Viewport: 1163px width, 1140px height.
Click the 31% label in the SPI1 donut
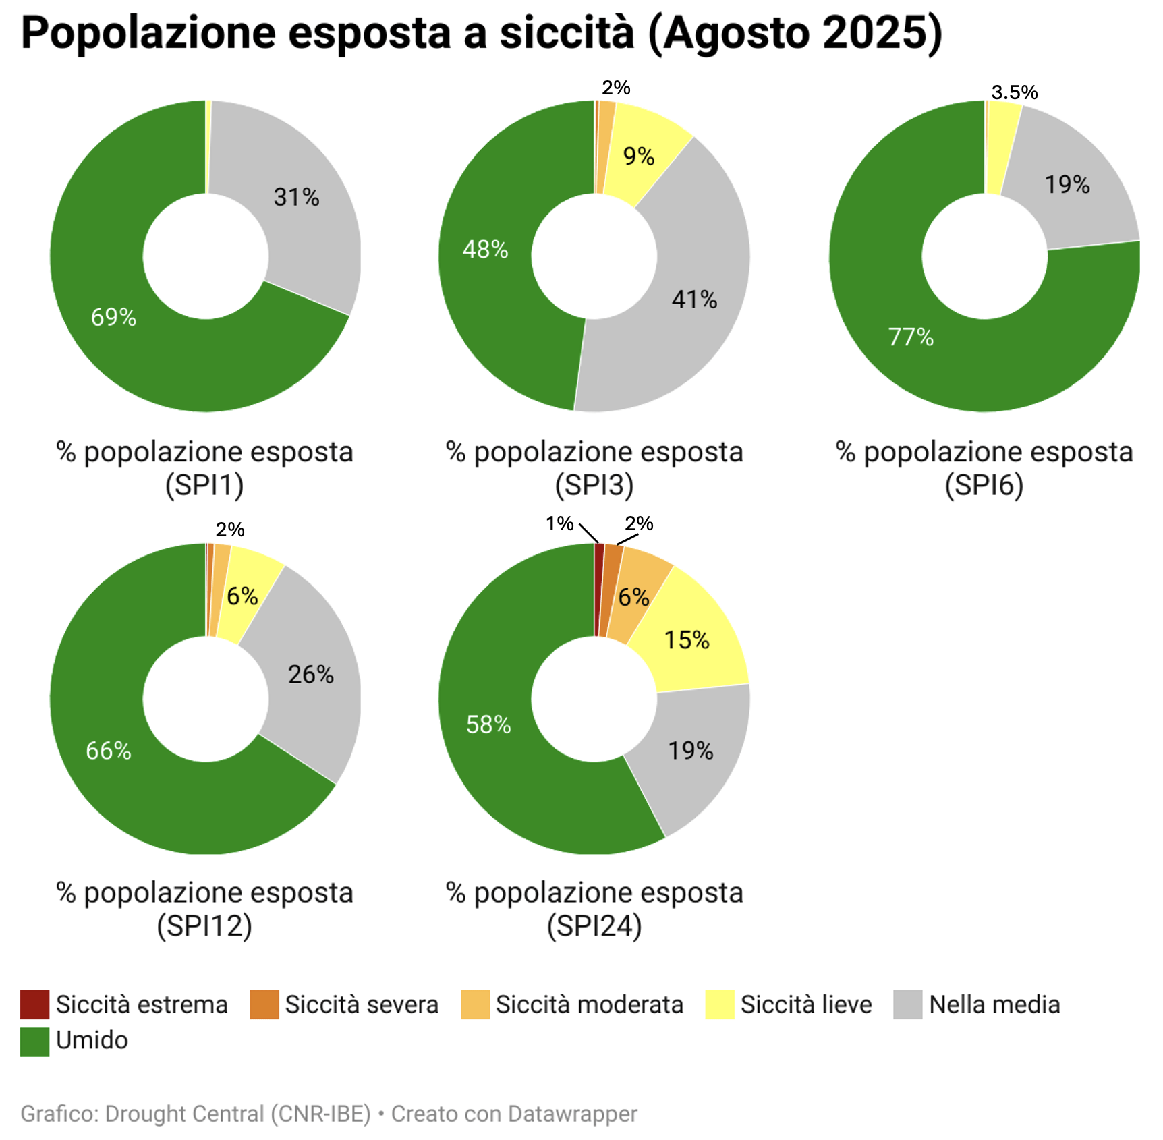coord(296,197)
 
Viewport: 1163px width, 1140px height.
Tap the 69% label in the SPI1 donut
coord(113,317)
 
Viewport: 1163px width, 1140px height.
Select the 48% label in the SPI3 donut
coord(485,250)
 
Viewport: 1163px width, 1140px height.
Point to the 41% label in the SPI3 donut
coord(694,300)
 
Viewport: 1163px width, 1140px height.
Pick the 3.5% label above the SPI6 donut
coord(1014,92)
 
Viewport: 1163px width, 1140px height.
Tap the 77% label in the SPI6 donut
coord(911,337)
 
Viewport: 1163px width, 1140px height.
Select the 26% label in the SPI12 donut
coord(310,675)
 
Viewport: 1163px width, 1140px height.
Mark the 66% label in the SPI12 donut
coord(108,751)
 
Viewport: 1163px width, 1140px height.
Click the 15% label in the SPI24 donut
coord(687,640)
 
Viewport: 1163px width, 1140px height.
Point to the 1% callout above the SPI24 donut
coord(559,523)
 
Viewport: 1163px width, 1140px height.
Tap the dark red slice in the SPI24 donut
coord(599,587)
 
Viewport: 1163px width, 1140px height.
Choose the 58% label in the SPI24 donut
coord(488,724)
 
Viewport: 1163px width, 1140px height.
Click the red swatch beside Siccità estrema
coord(34,1004)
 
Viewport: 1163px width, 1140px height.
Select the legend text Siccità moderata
coord(589,1004)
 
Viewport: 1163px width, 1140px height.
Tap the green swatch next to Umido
coord(34,1042)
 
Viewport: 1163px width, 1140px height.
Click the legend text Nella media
coord(994,1004)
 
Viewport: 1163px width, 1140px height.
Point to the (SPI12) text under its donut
coord(204,925)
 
